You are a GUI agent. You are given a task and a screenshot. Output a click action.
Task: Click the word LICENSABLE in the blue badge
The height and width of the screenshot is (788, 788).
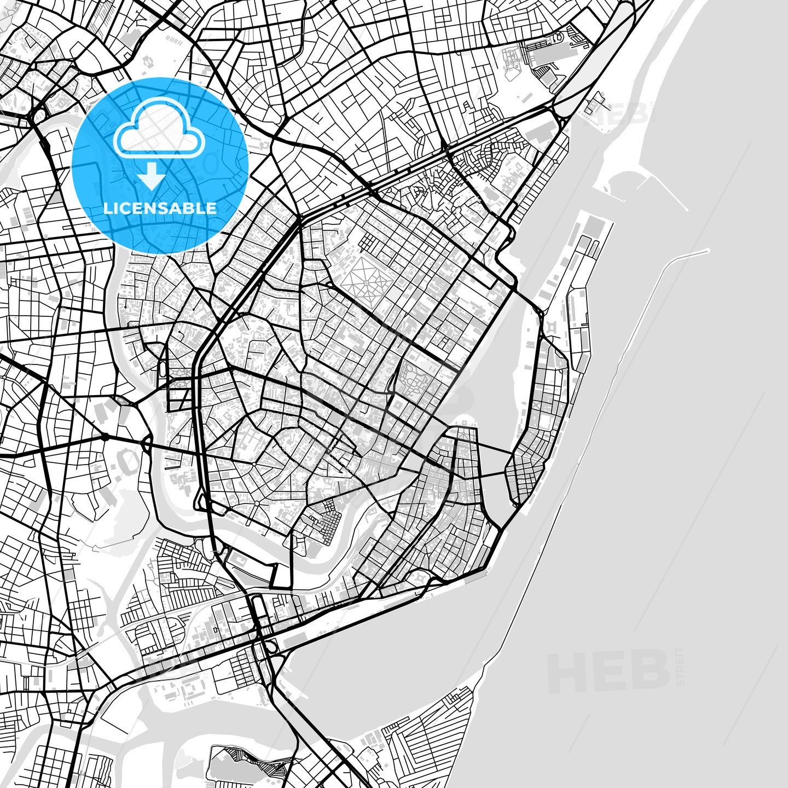160,208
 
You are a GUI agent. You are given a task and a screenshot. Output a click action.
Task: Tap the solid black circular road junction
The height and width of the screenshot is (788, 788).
104,437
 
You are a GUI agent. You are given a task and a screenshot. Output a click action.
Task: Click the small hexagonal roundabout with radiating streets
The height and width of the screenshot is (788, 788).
255,503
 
